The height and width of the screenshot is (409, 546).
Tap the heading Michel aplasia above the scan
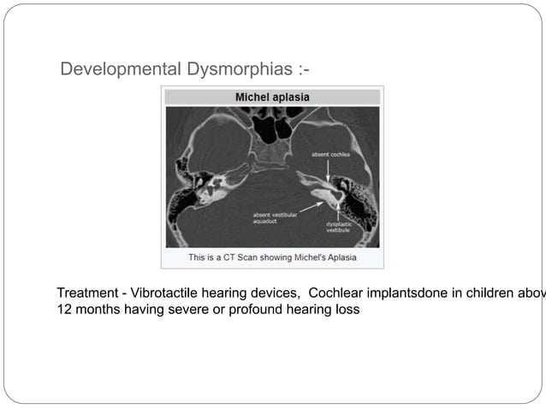tap(272, 97)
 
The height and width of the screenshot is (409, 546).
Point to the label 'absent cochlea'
tap(330, 154)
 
